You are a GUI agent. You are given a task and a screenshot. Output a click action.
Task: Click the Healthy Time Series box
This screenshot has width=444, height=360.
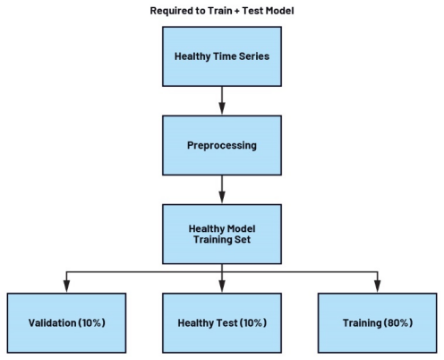tap(222, 56)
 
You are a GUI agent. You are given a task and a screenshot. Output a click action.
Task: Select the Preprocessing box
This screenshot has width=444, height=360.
tap(222, 145)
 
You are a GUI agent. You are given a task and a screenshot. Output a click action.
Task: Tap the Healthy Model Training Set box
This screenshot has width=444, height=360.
tap(222, 235)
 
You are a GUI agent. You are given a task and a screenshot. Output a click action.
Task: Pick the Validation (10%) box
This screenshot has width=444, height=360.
tap(66, 323)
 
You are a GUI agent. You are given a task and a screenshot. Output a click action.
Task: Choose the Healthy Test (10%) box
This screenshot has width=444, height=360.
tap(222, 323)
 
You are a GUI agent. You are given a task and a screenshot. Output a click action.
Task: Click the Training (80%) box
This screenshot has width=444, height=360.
tap(378, 323)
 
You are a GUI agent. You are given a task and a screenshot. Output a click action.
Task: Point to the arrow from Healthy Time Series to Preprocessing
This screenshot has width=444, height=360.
tap(222, 101)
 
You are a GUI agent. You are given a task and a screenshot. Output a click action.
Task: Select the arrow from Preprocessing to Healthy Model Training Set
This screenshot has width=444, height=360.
tap(222, 190)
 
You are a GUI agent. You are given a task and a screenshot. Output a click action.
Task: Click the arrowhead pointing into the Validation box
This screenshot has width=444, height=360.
tap(66, 287)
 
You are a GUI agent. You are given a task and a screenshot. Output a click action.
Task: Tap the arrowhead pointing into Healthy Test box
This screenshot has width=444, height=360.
tap(222, 287)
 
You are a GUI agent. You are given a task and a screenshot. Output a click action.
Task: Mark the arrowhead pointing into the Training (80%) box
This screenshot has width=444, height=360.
tap(378, 287)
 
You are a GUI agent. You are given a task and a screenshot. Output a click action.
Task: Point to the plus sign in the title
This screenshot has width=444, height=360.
tap(236, 11)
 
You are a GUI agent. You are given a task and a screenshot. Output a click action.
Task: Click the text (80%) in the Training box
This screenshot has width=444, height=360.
tap(398, 322)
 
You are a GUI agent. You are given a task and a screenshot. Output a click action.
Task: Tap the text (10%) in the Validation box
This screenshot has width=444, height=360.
tap(91, 322)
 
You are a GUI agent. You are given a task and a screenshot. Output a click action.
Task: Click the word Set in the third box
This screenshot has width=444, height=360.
tap(243, 239)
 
